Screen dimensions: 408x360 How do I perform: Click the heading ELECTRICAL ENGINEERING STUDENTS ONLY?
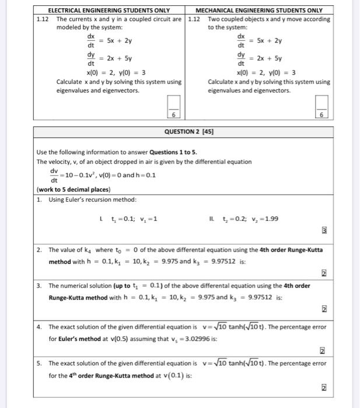point(109,10)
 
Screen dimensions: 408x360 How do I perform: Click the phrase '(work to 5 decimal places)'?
point(74,189)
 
